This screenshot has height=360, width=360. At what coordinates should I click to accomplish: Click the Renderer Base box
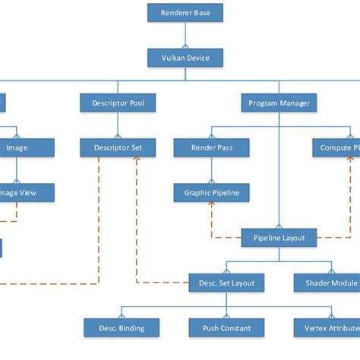click(x=185, y=12)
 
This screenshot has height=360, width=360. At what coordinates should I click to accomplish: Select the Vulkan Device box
click(x=185, y=57)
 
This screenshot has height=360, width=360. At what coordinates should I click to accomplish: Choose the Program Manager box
click(x=279, y=103)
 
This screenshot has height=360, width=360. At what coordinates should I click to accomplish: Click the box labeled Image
click(x=17, y=147)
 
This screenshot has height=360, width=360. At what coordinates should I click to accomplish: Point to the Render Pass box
click(x=211, y=147)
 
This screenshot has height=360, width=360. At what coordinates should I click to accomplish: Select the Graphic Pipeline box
click(x=211, y=193)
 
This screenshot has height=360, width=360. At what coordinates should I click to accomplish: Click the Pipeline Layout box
click(x=279, y=238)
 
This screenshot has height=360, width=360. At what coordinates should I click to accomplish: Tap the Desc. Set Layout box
click(x=226, y=283)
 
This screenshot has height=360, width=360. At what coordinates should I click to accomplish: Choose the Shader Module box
click(x=327, y=283)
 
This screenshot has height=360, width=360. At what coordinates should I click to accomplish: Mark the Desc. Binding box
click(x=122, y=328)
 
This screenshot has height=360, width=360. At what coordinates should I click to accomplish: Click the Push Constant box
click(x=226, y=328)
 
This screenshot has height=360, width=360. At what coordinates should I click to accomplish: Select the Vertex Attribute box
click(x=327, y=328)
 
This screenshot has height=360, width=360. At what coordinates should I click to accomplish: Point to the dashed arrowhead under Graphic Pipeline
click(x=211, y=206)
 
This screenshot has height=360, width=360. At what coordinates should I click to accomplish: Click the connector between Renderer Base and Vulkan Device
click(x=185, y=34)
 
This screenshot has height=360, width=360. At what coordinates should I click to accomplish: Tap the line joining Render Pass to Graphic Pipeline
click(x=211, y=170)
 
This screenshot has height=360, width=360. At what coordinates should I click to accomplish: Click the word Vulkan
click(x=173, y=57)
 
